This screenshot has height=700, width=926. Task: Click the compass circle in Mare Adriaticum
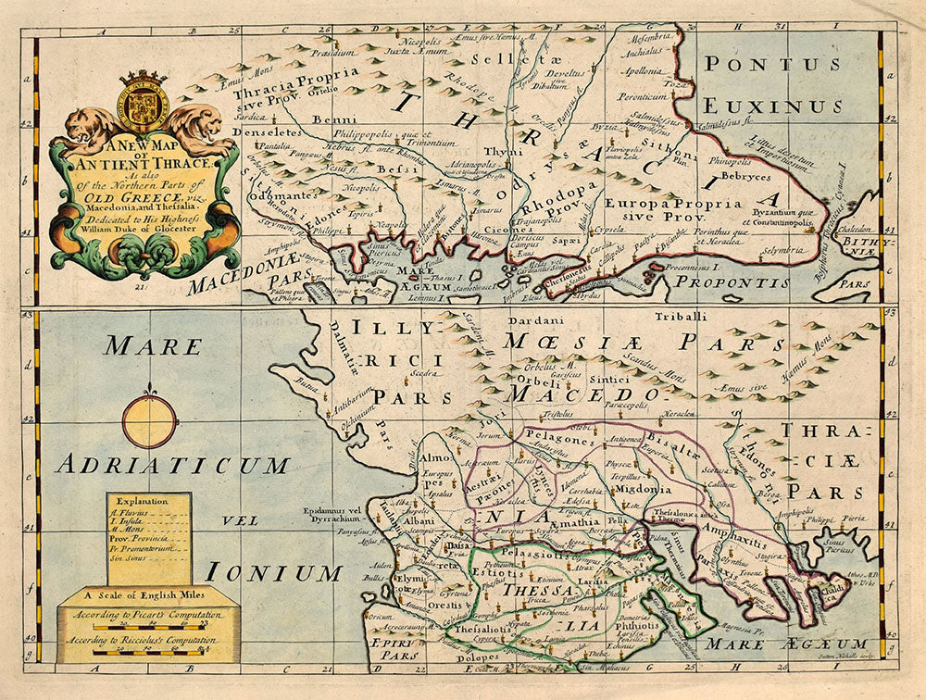point(148,421)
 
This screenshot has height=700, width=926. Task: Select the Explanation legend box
point(148,538)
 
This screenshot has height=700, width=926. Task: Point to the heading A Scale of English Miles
point(148,595)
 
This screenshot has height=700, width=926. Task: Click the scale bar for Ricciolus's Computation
point(148,652)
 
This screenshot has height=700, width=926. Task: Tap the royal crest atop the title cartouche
point(144,101)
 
